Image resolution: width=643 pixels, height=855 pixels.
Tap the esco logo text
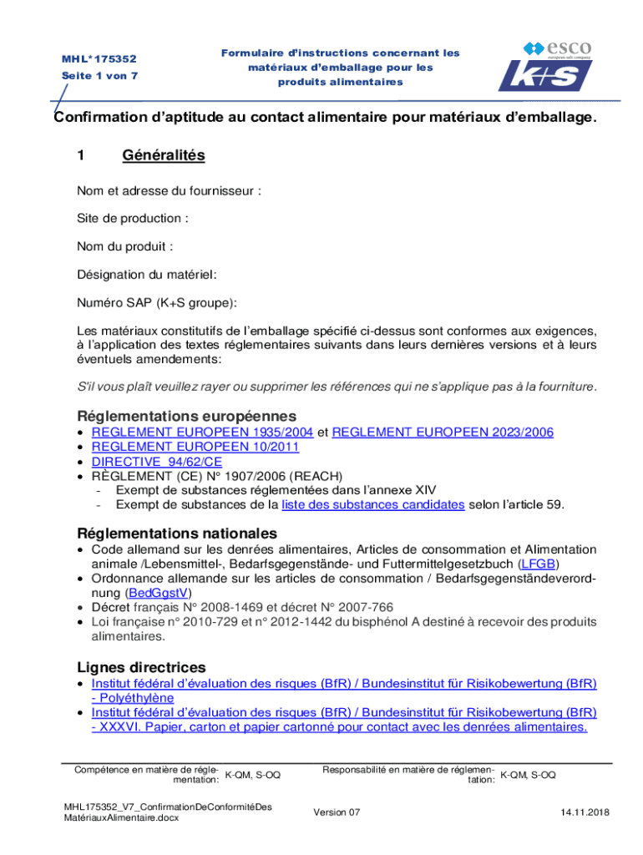(x=570, y=48)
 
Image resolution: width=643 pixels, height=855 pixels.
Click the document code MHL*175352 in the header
(x=99, y=60)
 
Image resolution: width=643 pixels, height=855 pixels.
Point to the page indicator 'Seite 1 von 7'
(x=99, y=76)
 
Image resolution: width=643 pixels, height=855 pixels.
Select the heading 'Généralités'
(x=163, y=155)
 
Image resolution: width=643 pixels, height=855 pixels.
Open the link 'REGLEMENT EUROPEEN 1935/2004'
(x=202, y=432)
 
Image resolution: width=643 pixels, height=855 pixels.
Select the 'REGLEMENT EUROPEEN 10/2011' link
(x=195, y=447)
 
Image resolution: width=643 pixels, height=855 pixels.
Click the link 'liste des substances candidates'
(x=372, y=504)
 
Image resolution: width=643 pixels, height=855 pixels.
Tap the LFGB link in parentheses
(x=539, y=564)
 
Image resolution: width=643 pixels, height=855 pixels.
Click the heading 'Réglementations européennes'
(x=187, y=415)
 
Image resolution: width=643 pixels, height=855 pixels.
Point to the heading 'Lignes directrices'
(x=141, y=667)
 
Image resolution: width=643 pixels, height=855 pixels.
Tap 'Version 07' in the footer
(x=337, y=812)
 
